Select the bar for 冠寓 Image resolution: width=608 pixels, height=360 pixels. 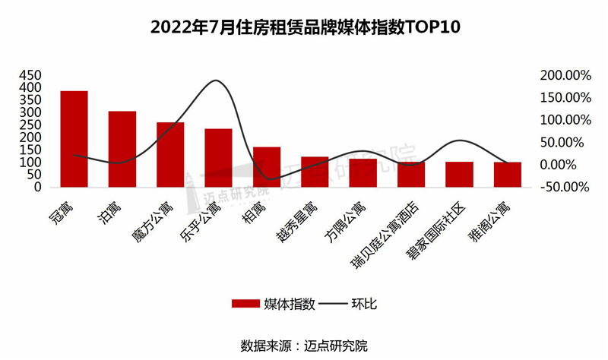click(x=74, y=139)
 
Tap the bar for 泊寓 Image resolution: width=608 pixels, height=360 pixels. click(x=122, y=149)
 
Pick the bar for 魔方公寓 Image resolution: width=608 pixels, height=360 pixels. click(x=170, y=154)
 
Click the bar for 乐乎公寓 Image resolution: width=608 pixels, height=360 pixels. click(x=218, y=157)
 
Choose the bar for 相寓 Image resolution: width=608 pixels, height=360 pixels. click(x=267, y=166)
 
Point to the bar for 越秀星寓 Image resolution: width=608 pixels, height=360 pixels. click(x=315, y=172)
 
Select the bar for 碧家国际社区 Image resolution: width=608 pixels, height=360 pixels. click(x=459, y=174)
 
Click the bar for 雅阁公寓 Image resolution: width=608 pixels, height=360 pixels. click(x=508, y=174)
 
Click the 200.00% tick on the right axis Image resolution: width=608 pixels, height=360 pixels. click(x=565, y=75)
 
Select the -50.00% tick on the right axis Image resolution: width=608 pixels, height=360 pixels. click(x=565, y=187)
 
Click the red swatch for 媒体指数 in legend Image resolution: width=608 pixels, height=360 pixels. click(x=245, y=304)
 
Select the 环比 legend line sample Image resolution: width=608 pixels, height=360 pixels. click(x=330, y=304)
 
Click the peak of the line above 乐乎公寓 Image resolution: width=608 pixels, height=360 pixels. click(x=217, y=81)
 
